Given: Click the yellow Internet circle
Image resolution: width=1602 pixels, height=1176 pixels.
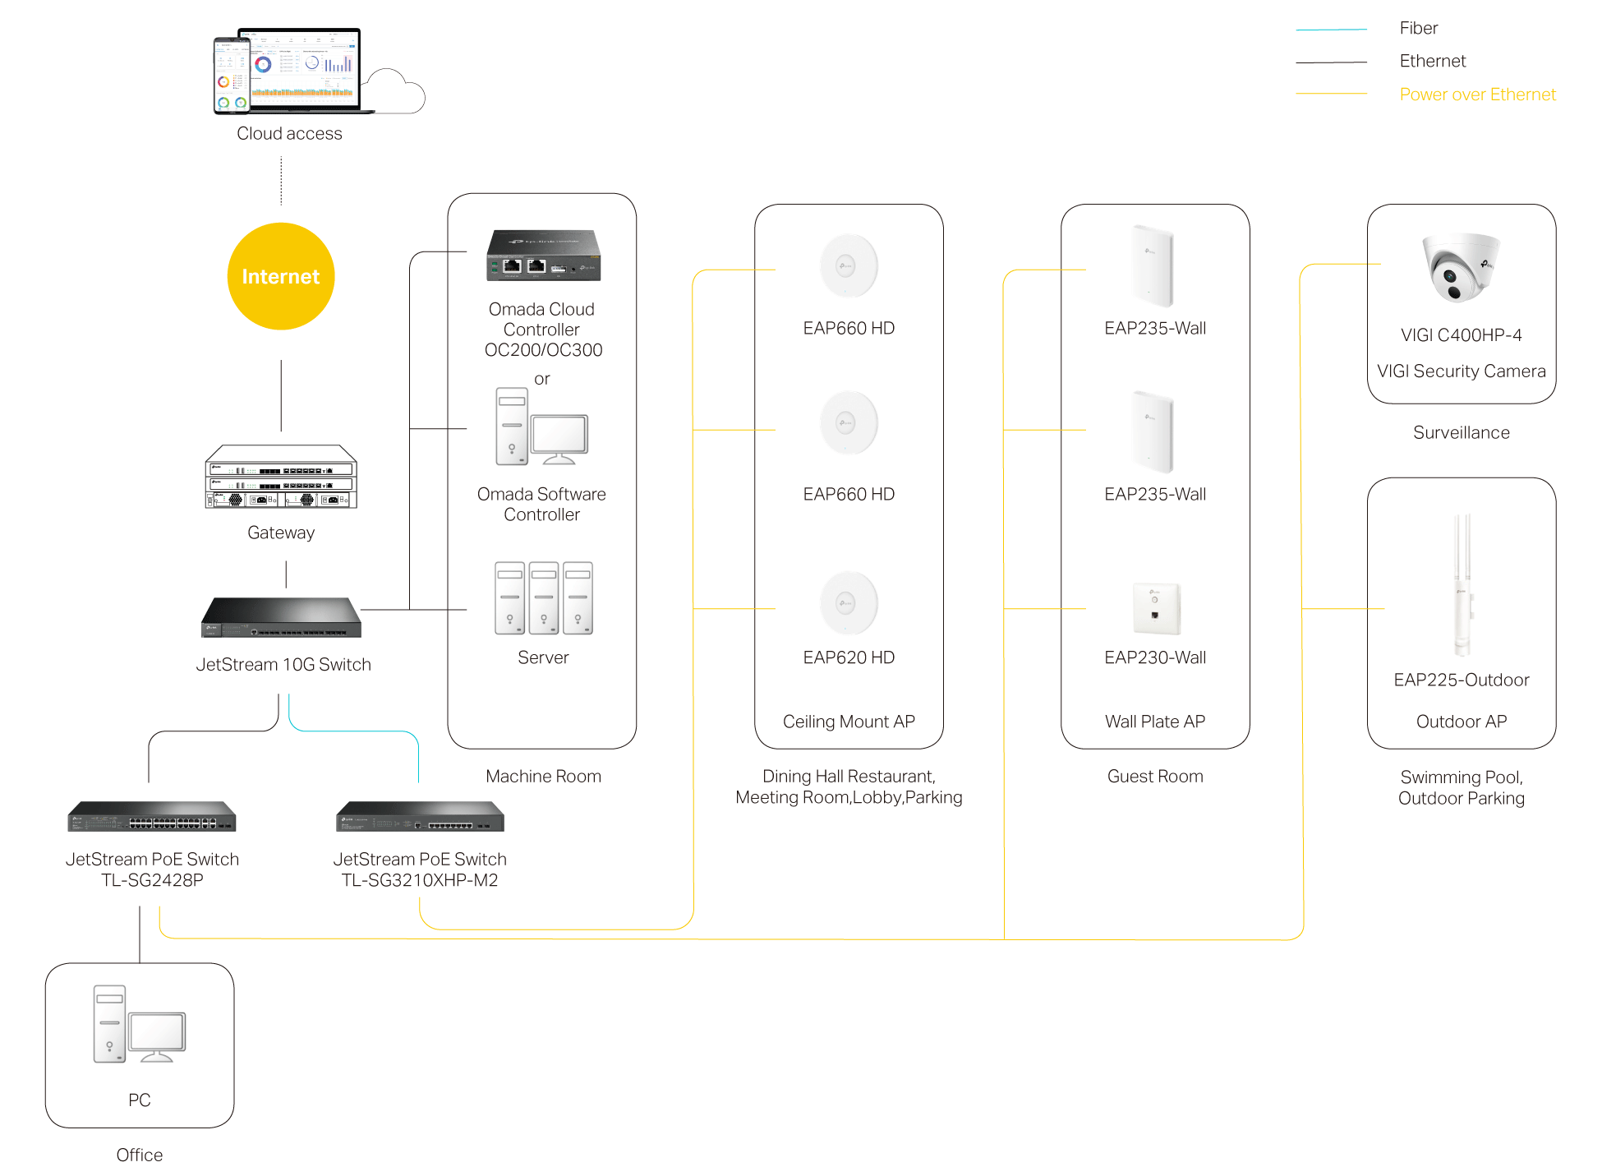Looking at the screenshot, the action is pos(281,277).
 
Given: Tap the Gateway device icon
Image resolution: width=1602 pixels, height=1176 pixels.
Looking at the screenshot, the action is pos(281,477).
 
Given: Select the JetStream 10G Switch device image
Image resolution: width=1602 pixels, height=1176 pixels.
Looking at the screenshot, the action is pos(281,617).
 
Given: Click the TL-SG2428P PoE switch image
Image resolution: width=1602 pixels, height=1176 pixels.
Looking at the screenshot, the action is pos(152,816).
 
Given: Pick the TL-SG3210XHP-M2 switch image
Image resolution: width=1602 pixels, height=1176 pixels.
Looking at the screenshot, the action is pos(420,816).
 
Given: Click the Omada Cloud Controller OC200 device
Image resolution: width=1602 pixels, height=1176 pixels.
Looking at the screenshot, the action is pos(543,256).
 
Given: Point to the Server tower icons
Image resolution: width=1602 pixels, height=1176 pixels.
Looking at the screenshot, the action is pos(543,598).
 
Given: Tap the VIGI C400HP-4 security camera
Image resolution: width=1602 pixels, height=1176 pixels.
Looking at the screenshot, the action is pos(1461,267).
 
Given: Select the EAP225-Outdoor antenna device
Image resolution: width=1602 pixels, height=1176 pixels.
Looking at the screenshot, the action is pos(1462,585).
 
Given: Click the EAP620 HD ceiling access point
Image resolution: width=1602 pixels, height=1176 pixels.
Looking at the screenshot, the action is pos(849,603).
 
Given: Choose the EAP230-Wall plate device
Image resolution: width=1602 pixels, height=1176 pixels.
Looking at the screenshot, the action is pos(1156,609).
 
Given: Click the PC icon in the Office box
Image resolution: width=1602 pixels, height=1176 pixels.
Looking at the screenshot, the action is pos(139,1024).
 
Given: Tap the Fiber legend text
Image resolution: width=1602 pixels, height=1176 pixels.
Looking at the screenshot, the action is pos(1419,28).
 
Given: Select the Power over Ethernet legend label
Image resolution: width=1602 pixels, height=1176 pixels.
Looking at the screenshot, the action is pos(1477,95).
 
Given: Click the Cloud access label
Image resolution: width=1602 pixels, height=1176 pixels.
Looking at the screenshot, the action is pos(289,133).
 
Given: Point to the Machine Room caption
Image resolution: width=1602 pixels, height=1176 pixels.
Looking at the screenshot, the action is pos(543,777).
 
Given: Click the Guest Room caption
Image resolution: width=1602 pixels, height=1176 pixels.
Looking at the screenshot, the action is pos(1155,777).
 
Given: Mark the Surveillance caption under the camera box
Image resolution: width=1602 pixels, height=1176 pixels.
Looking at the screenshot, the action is pos(1461,433).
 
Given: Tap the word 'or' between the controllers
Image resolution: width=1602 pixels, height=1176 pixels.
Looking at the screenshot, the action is pos(542,379).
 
